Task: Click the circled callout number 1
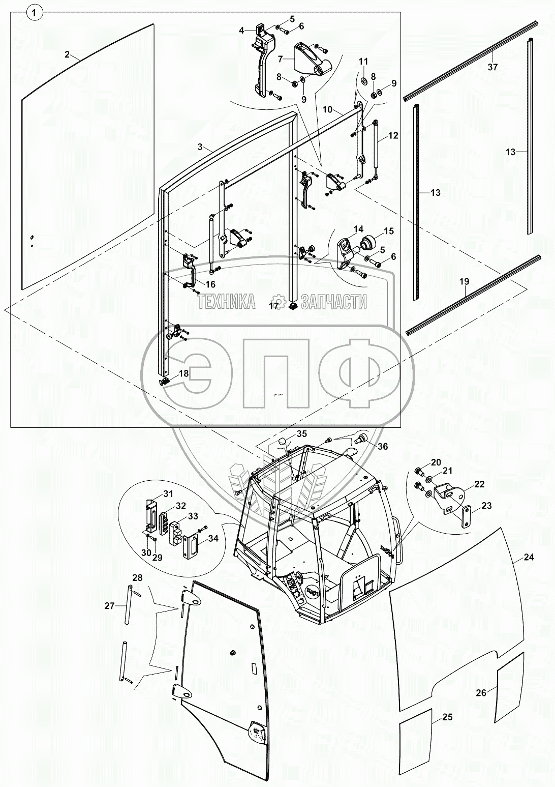pyautogui.click(x=34, y=13)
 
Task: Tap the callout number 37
pyautogui.click(x=492, y=67)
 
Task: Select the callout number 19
pyautogui.click(x=465, y=281)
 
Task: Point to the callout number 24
pyautogui.click(x=529, y=557)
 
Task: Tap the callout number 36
pyautogui.click(x=382, y=446)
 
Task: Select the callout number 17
pyautogui.click(x=274, y=306)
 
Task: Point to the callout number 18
pyautogui.click(x=183, y=373)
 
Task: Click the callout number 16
pyautogui.click(x=210, y=284)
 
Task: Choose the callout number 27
pyautogui.click(x=110, y=605)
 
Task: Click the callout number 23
pyautogui.click(x=486, y=506)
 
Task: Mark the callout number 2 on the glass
pyautogui.click(x=67, y=54)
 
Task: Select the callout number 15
pyautogui.click(x=388, y=231)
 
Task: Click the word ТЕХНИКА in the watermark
pyautogui.click(x=227, y=302)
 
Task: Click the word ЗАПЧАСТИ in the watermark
pyautogui.click(x=333, y=302)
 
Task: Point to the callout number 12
pyautogui.click(x=393, y=136)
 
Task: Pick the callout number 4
pyautogui.click(x=242, y=31)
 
